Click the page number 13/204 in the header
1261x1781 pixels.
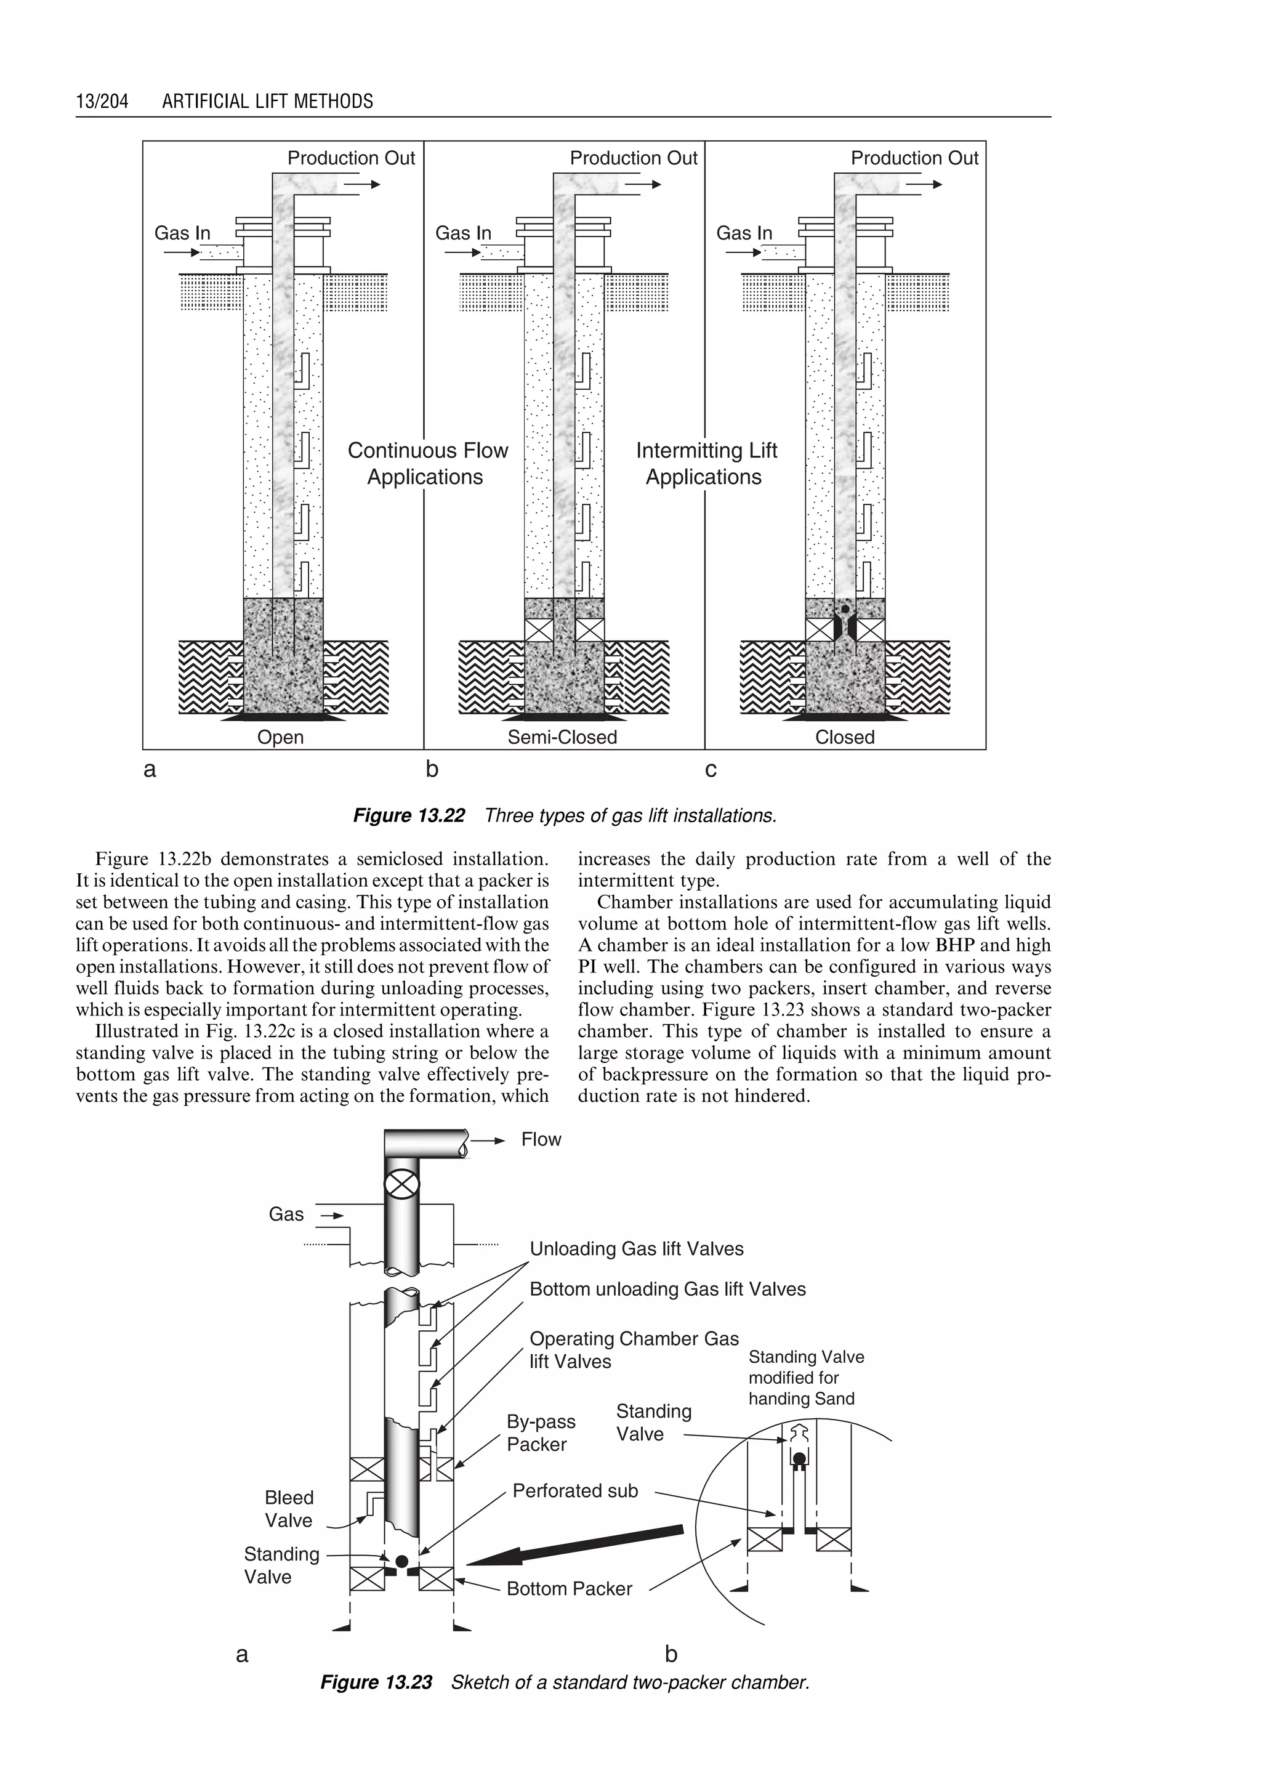(x=102, y=101)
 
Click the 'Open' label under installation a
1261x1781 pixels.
(x=280, y=737)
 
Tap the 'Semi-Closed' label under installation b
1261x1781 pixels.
(x=562, y=737)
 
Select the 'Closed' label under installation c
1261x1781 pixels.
(x=844, y=737)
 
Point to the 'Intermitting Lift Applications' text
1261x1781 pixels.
(x=706, y=464)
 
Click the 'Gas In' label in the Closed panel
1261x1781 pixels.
(x=744, y=233)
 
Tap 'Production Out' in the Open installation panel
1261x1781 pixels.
(x=351, y=158)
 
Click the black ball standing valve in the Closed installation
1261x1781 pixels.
(x=845, y=610)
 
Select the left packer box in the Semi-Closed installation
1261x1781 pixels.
(x=539, y=630)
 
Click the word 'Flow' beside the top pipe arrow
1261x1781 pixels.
(x=541, y=1139)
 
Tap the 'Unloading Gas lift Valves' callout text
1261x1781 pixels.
(x=636, y=1249)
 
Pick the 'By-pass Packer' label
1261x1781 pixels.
(x=541, y=1433)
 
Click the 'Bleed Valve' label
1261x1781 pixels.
(x=289, y=1509)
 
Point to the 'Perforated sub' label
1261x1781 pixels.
(x=574, y=1490)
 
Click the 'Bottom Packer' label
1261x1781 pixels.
(x=569, y=1589)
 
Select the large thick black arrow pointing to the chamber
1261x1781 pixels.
(x=574, y=1546)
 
